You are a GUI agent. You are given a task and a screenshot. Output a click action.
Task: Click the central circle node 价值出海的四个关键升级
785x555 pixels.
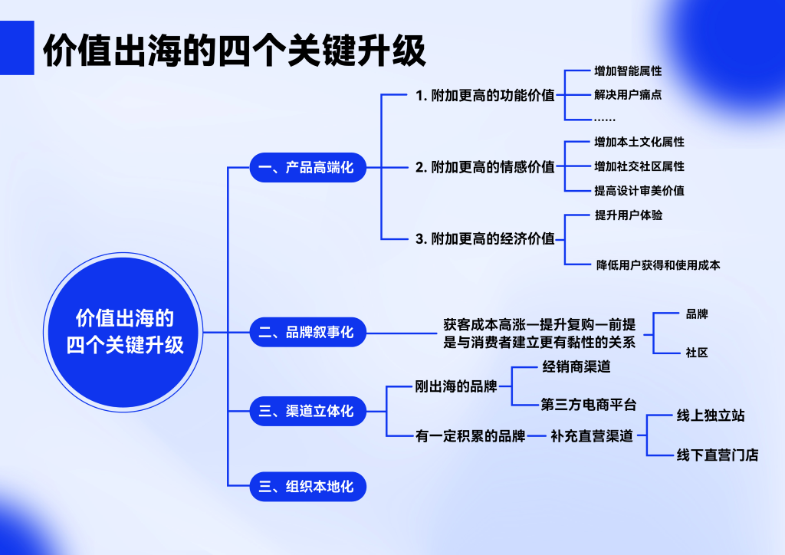125,332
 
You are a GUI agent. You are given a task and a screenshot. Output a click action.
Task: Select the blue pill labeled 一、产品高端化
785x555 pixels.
308,167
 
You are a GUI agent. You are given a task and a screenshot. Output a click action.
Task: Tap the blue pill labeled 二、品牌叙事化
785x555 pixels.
308,332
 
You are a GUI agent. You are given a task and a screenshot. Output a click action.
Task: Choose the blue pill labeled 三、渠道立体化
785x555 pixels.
308,411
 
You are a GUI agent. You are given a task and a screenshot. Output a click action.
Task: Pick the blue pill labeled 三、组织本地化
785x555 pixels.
308,486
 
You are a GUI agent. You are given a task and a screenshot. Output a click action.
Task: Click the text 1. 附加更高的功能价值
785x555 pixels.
484,96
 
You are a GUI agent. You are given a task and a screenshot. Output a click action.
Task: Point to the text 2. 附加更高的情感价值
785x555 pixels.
484,167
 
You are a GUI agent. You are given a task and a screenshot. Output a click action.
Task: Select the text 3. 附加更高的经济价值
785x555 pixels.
484,238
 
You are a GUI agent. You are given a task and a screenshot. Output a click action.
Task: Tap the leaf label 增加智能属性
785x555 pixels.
628,71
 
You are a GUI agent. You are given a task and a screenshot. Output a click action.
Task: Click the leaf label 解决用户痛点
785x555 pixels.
628,96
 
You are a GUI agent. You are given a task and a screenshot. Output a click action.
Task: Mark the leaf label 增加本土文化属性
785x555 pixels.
639,143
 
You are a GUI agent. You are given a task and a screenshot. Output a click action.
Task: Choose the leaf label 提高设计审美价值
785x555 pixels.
639,190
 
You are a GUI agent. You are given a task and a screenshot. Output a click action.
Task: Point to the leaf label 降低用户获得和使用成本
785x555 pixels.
658,265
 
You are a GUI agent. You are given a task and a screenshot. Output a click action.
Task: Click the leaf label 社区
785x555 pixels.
697,353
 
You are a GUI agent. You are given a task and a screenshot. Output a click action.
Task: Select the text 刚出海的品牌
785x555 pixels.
456,386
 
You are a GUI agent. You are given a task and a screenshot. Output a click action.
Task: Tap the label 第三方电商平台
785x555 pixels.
589,405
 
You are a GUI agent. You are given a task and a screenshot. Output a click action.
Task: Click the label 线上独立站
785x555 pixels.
711,416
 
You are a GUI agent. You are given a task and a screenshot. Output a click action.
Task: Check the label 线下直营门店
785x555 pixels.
718,455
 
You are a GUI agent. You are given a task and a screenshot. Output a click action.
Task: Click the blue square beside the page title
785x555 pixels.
17,48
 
